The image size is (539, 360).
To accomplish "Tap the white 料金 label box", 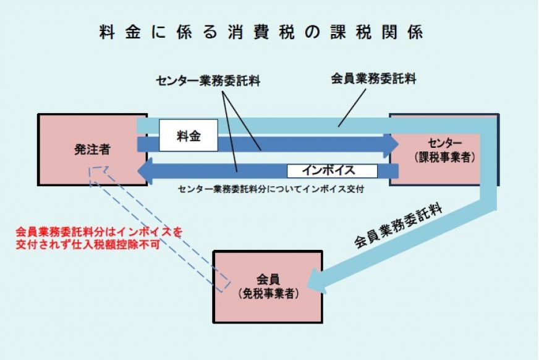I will pyautogui.click(x=188, y=135).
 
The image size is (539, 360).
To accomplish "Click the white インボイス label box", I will pyautogui.click(x=331, y=170).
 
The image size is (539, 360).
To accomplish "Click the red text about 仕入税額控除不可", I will pyautogui.click(x=100, y=238).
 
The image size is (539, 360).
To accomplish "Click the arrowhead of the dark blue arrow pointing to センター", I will pyautogui.click(x=392, y=144).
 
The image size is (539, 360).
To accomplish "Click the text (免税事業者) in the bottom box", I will pyautogui.click(x=268, y=294).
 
